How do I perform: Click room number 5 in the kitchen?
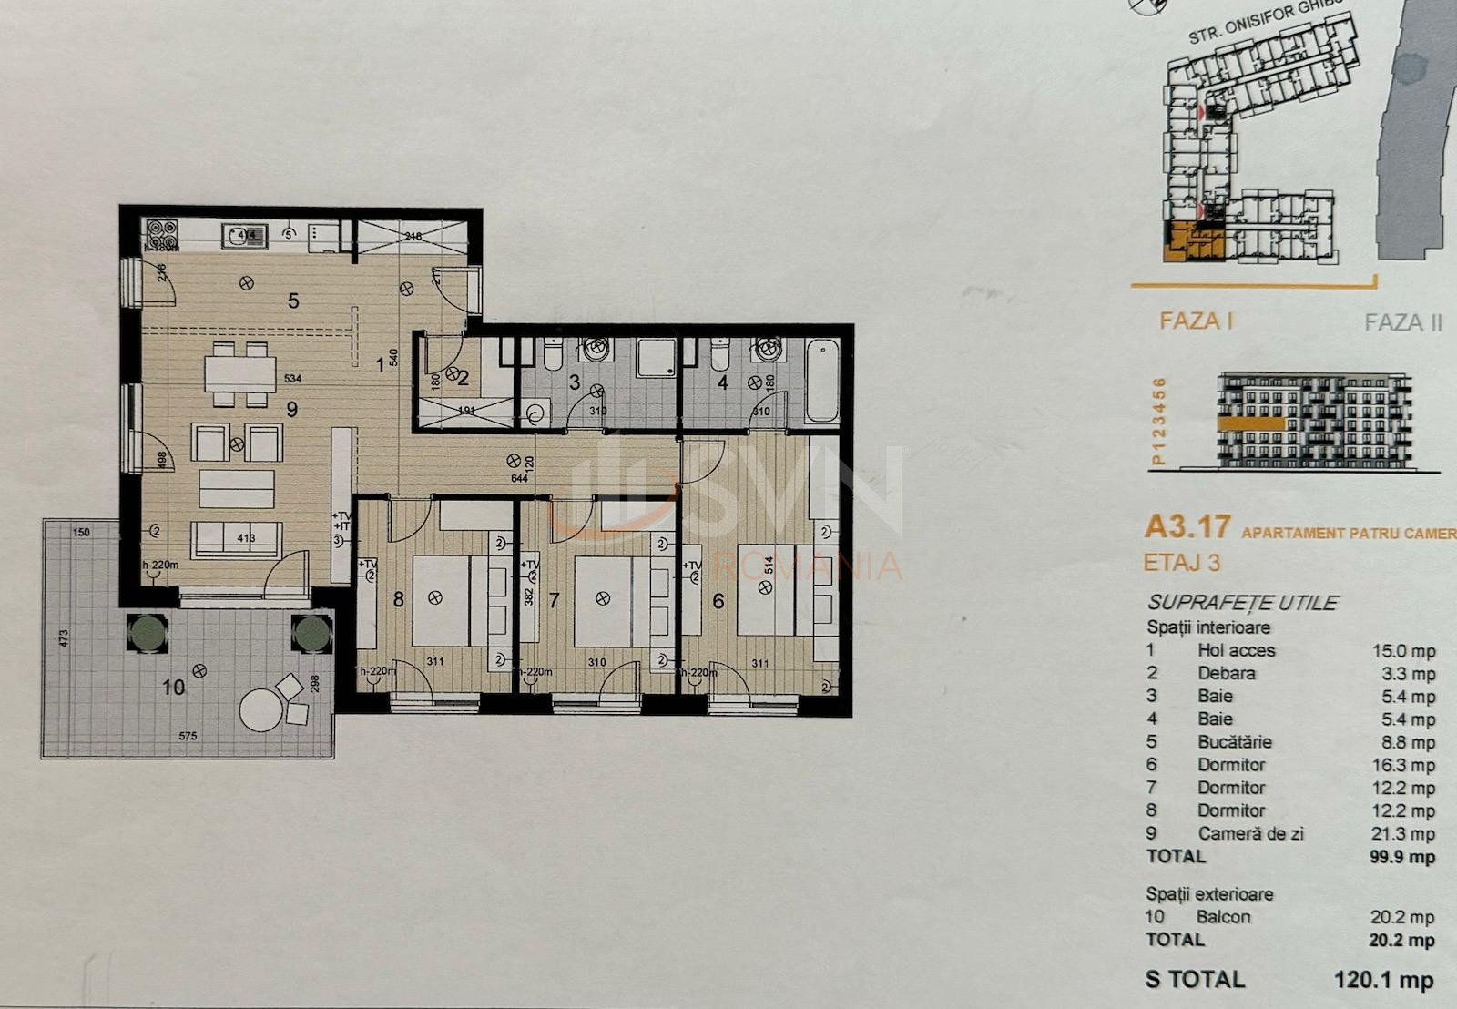[x=293, y=300]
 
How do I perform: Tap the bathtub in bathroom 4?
[x=822, y=380]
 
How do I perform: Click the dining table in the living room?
[x=239, y=373]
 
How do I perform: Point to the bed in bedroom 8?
[x=442, y=599]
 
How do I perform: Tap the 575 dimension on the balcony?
[x=188, y=736]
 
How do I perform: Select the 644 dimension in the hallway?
[x=520, y=478]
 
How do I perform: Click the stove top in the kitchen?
[x=161, y=235]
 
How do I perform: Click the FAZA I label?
[x=1196, y=321]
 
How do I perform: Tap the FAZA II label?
[x=1402, y=322]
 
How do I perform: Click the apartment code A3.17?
[x=1187, y=526]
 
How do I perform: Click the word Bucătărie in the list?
[x=1234, y=742]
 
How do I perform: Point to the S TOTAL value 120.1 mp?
[x=1383, y=980]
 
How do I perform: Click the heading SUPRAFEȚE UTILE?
[x=1242, y=603]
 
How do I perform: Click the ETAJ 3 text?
[x=1181, y=563]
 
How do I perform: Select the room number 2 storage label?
[x=463, y=378]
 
